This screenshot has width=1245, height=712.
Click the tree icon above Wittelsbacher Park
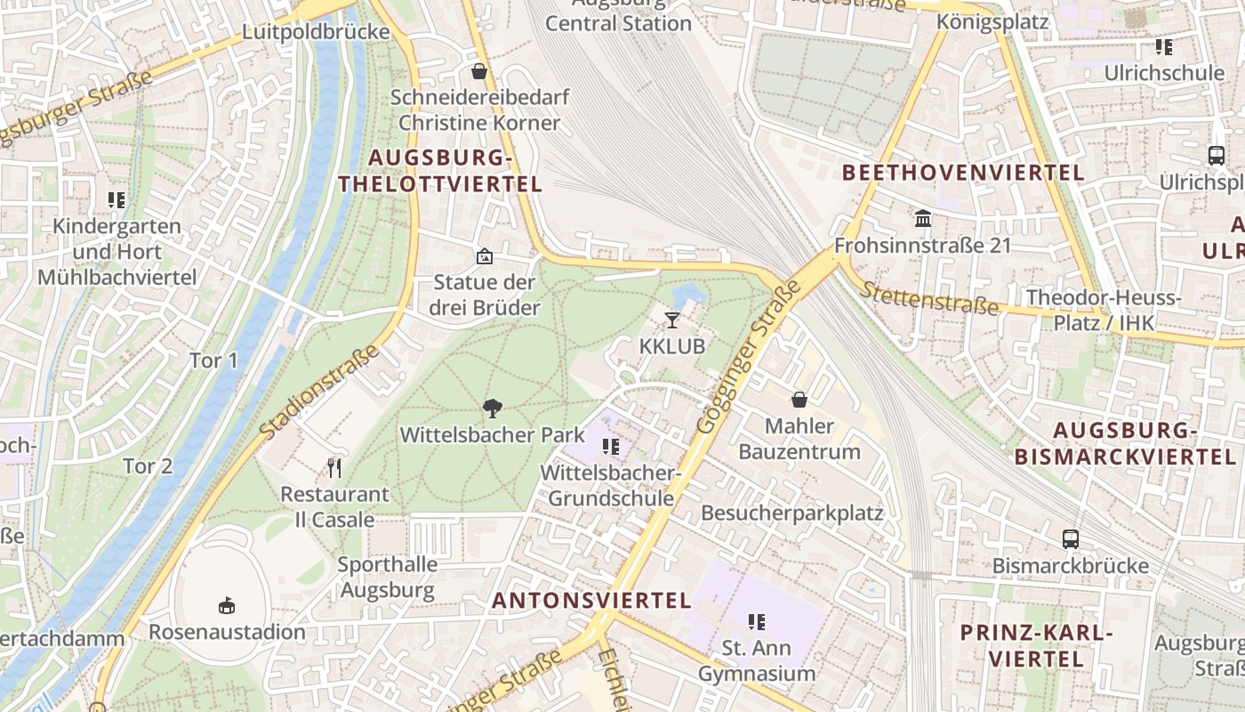click(492, 409)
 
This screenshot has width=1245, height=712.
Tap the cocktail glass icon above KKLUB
click(672, 320)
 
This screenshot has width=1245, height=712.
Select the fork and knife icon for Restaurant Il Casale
click(334, 467)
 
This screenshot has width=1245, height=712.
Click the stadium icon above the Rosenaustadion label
click(227, 605)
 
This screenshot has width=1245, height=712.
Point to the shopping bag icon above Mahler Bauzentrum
click(799, 400)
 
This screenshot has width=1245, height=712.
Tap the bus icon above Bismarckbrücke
click(1071, 539)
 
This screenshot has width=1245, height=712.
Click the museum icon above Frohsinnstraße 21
click(923, 218)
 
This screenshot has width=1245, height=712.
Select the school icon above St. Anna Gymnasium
click(757, 621)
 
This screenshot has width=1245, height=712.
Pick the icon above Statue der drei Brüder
click(485, 256)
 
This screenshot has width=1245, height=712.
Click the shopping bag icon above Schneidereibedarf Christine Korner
click(479, 71)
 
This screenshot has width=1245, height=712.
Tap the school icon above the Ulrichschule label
click(1164, 46)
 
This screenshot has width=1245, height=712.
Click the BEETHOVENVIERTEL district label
click(963, 173)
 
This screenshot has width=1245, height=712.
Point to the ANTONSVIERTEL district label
click(591, 601)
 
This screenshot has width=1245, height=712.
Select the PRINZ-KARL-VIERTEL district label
click(1037, 646)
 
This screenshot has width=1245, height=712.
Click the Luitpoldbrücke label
click(317, 32)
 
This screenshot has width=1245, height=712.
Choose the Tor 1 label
click(213, 360)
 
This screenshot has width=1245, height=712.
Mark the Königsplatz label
click(992, 21)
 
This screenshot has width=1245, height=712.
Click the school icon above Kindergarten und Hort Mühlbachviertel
click(116, 200)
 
